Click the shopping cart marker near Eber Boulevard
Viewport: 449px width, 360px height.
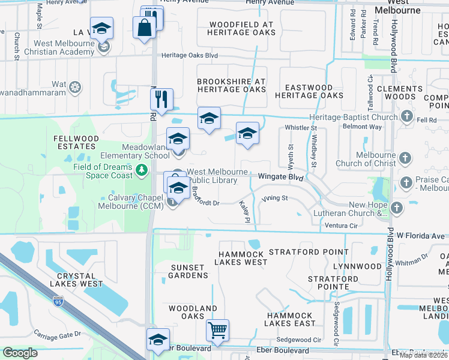pyautogui.click(x=217, y=329)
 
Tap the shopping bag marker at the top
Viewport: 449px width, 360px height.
pyautogui.click(x=145, y=28)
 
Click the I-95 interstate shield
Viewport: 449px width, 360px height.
pyautogui.click(x=58, y=299)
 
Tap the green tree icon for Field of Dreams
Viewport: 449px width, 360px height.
pyautogui.click(x=141, y=171)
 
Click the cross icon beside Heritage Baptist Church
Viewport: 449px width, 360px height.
pyautogui.click(x=407, y=116)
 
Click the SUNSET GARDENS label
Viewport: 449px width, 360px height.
pyautogui.click(x=181, y=271)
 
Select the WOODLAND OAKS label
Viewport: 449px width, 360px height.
pyautogui.click(x=192, y=313)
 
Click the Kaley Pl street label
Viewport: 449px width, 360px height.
pyautogui.click(x=245, y=212)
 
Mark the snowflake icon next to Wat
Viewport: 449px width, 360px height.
pyautogui.click(x=75, y=88)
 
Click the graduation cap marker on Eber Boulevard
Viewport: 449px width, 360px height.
pyautogui.click(x=158, y=340)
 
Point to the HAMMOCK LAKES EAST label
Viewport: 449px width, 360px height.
pyautogui.click(x=291, y=319)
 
